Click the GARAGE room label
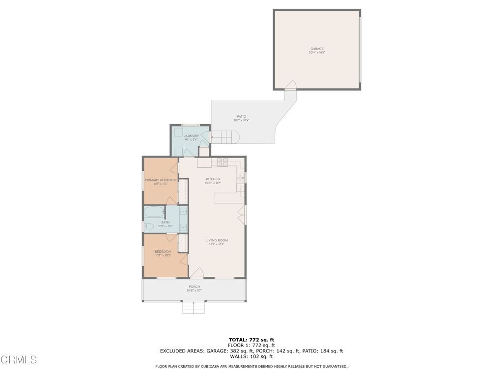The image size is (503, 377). (x=317, y=49)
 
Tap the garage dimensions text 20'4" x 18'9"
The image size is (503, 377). (x=317, y=53)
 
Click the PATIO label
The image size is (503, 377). (x=241, y=116)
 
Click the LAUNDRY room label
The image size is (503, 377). (x=191, y=136)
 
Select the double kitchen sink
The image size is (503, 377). (x=240, y=178)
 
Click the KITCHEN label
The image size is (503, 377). (x=213, y=179)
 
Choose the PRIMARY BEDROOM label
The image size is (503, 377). (x=160, y=180)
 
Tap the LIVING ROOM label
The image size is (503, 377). (x=217, y=241)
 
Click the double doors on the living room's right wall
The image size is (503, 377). (x=241, y=215)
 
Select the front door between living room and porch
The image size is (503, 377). (x=196, y=273)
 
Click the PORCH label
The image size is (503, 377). (x=194, y=287)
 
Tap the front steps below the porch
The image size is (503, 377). (x=194, y=308)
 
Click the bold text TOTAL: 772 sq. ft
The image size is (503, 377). (x=251, y=339)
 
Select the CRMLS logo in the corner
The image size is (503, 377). (x=19, y=360)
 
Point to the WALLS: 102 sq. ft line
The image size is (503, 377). (x=251, y=357)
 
